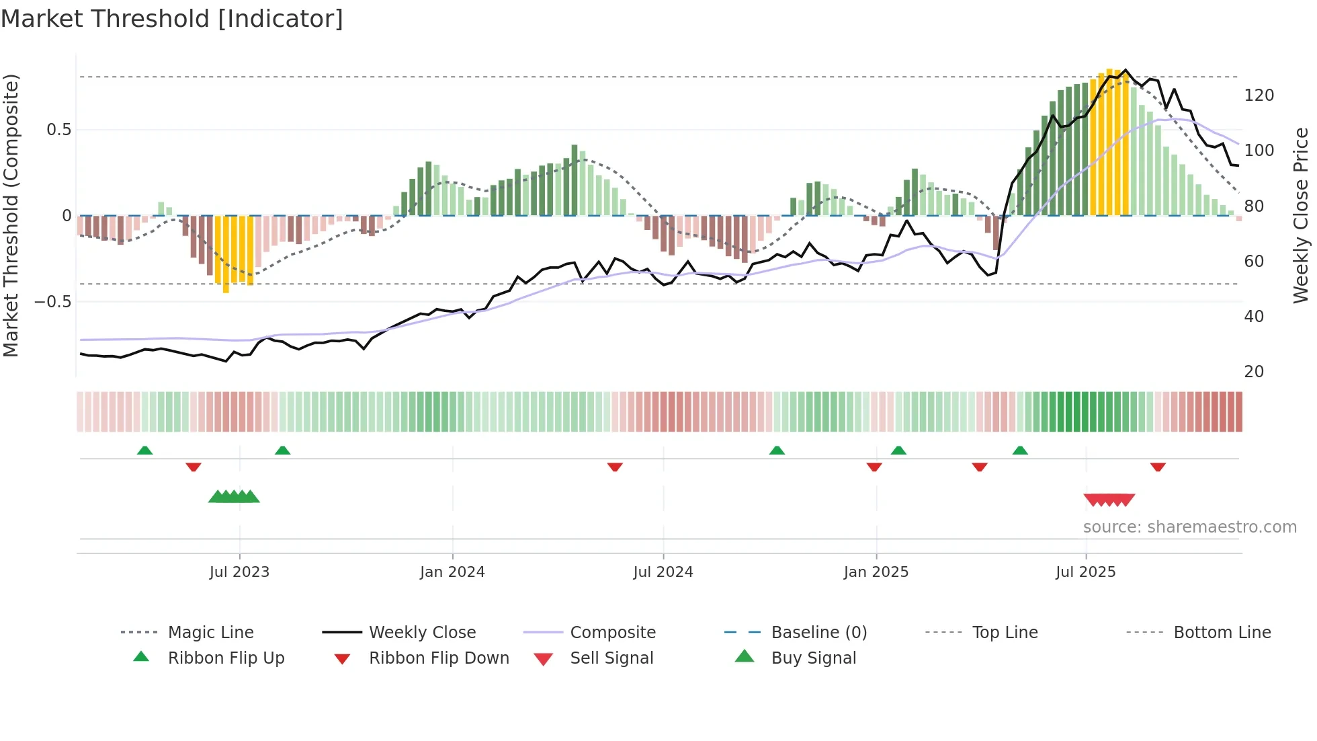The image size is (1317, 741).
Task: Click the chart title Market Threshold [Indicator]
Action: coord(172,19)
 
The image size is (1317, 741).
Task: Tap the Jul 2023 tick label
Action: coord(239,572)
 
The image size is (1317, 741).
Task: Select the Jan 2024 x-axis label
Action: coord(452,572)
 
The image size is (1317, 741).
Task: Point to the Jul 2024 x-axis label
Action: coord(663,572)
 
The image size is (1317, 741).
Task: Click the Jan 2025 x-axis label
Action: coord(876,572)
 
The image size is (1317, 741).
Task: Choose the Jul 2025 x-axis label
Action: coord(1086,572)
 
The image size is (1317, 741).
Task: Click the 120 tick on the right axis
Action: coord(1259,95)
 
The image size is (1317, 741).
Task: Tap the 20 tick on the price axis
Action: coord(1254,371)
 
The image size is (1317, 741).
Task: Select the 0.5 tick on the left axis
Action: coord(58,129)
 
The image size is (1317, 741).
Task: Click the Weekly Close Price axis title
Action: coord(1301,215)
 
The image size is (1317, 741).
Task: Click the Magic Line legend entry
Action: coord(210,632)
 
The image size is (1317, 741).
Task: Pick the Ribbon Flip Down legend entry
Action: coord(438,658)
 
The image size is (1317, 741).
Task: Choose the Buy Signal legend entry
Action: coord(813,658)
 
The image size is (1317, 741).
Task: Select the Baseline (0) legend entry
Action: coord(818,632)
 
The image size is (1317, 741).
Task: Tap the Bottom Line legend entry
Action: coord(1222,632)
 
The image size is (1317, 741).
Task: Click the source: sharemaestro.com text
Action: coord(1189,526)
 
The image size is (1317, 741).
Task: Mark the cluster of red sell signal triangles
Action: coord(1109,500)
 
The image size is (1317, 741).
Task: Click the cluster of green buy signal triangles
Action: coord(234,497)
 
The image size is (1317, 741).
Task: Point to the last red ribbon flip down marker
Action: coord(1158,467)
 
